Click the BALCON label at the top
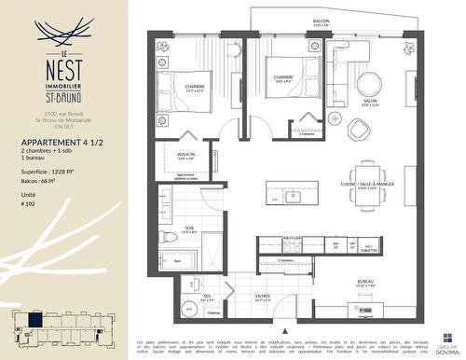pos(322,21)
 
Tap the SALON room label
pos(370,102)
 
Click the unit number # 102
pos(28,209)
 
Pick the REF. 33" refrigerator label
pos(336,247)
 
